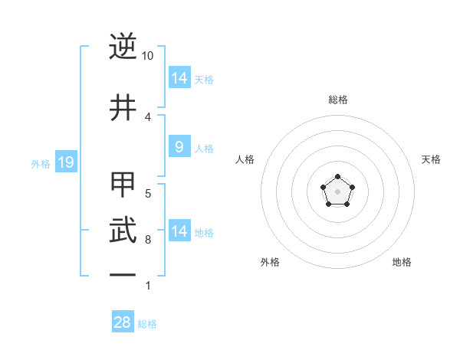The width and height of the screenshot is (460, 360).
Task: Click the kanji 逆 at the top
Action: click(x=123, y=48)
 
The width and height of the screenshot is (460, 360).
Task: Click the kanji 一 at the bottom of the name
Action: click(x=123, y=273)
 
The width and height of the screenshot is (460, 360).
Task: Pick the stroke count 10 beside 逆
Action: click(x=148, y=56)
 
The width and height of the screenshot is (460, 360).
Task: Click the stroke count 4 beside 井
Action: click(x=148, y=116)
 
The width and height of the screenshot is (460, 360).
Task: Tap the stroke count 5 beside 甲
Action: click(x=148, y=194)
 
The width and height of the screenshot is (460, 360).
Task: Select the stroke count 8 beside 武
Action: click(x=148, y=239)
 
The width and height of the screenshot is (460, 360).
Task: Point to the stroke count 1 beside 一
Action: click(x=148, y=286)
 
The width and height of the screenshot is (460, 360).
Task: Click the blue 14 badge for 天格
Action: click(x=179, y=78)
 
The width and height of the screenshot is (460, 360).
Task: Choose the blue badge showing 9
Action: click(x=179, y=147)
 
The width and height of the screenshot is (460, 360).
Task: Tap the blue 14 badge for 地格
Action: click(x=179, y=231)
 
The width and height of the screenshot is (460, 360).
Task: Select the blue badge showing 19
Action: click(x=65, y=162)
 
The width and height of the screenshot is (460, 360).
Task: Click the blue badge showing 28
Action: click(x=123, y=322)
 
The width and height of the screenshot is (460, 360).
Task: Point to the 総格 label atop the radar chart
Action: click(x=338, y=100)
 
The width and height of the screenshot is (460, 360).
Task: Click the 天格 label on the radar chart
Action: click(x=431, y=159)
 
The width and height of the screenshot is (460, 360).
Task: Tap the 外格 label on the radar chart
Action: click(x=270, y=262)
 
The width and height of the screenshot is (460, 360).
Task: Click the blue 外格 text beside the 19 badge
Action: click(x=40, y=163)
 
